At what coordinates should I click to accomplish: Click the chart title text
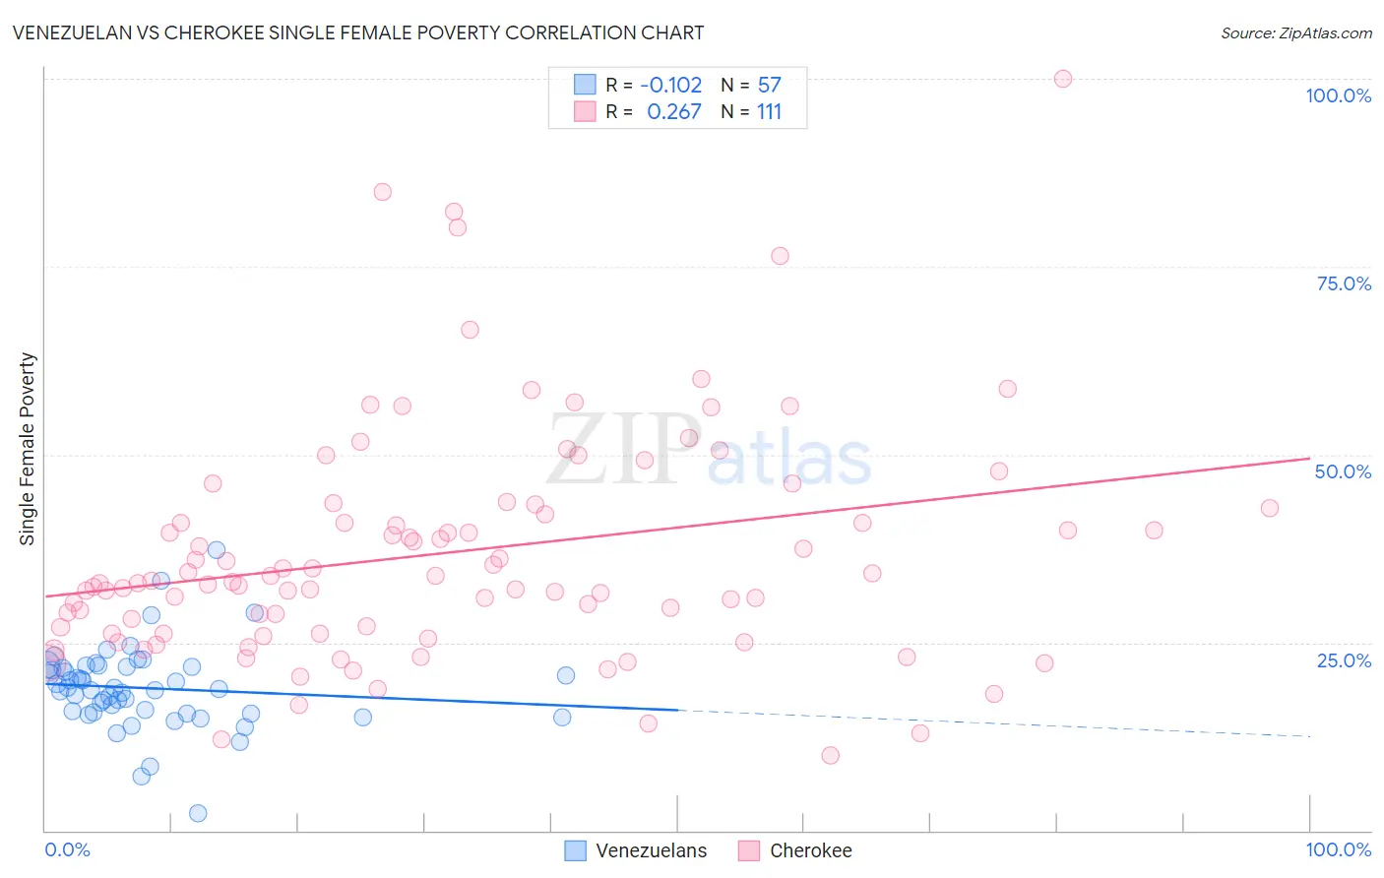358,32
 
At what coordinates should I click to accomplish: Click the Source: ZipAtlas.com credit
1295,33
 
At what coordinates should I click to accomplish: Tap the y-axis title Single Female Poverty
28,449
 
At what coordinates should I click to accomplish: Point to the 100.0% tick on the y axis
1338,95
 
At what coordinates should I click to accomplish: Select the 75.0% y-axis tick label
1344,283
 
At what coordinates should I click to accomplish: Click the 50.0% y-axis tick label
1343,471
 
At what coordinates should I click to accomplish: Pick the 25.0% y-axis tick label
1344,659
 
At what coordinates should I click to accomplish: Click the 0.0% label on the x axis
67,849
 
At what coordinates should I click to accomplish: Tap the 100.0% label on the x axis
1338,849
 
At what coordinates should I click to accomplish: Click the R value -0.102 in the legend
671,86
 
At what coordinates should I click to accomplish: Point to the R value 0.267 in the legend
674,112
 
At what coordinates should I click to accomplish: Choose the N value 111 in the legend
769,112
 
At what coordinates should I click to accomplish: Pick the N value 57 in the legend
769,86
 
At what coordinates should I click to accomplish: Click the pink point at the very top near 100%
1063,79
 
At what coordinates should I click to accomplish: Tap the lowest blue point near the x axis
198,813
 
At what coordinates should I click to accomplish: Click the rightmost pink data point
1270,508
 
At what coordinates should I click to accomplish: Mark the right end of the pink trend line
1309,458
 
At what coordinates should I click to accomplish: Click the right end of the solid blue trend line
678,710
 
